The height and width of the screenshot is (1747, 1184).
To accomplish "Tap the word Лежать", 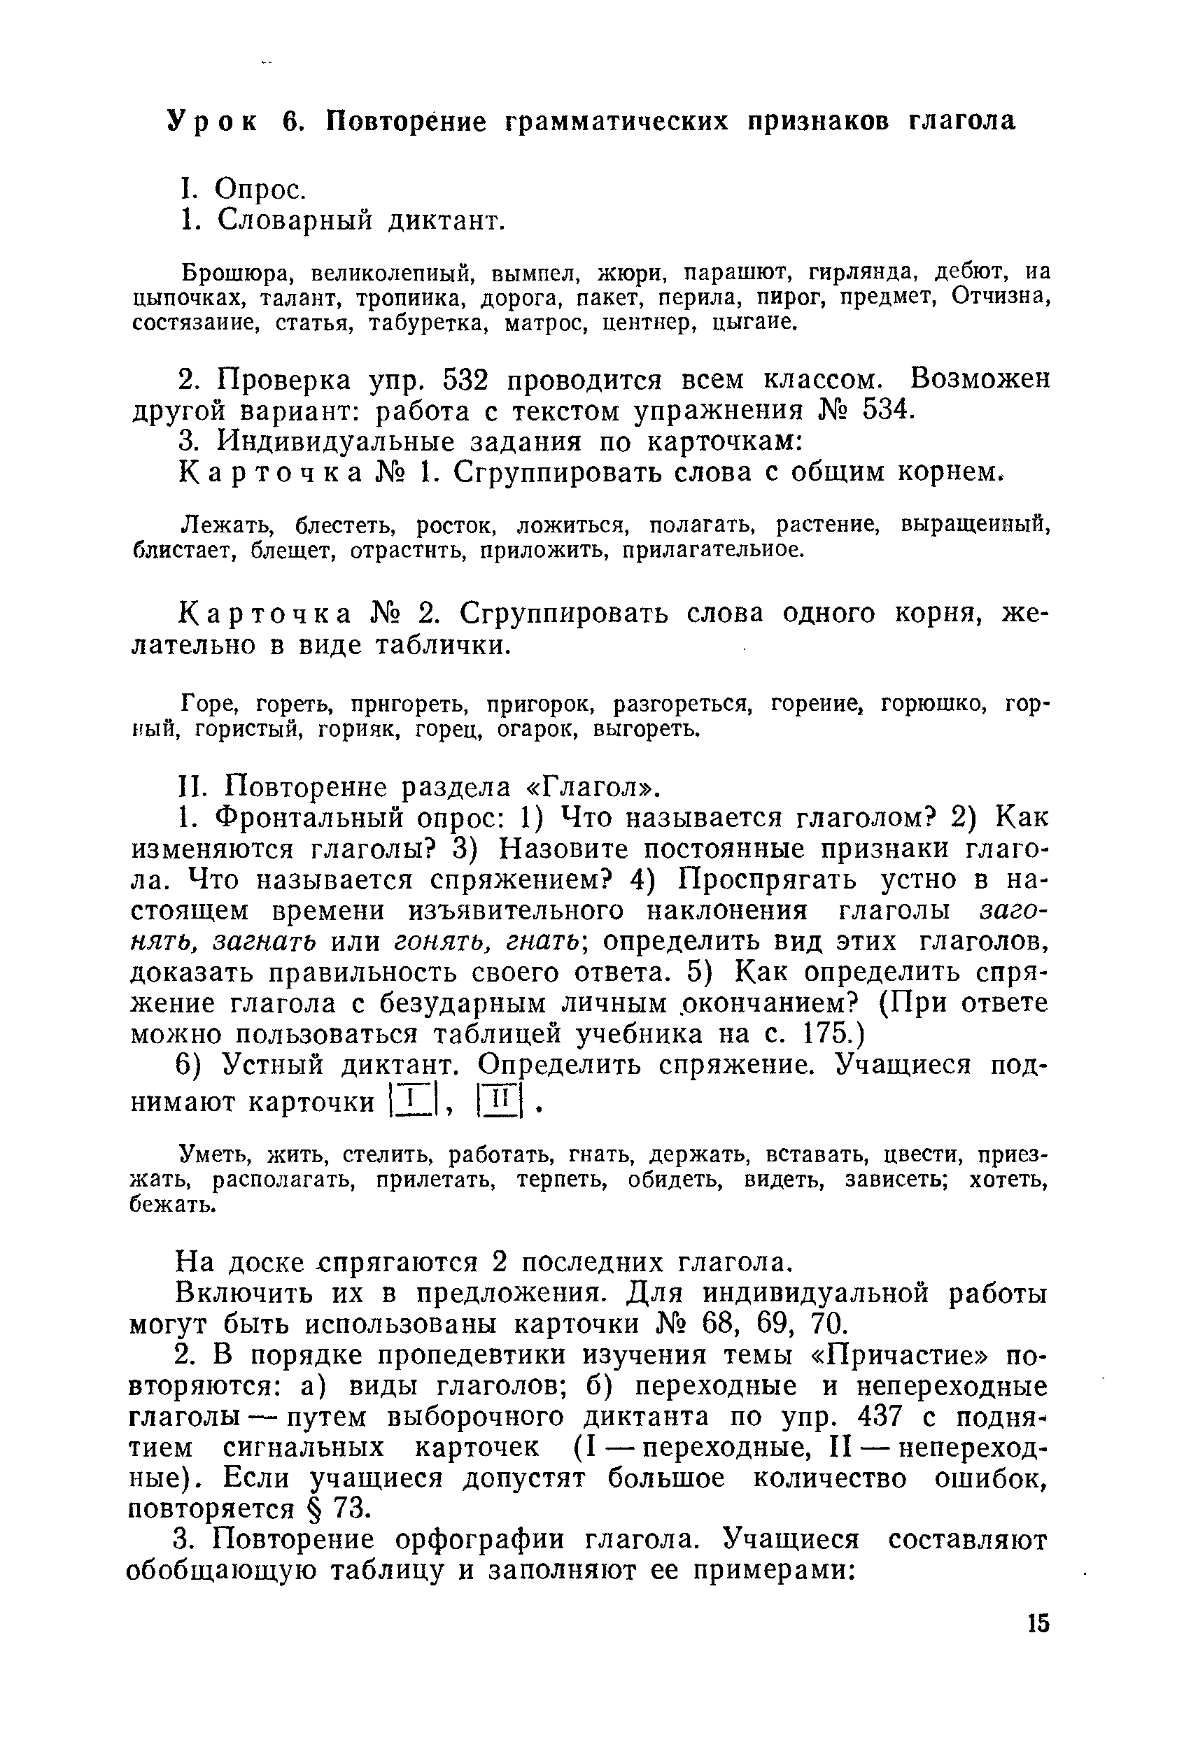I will pyautogui.click(x=220, y=524).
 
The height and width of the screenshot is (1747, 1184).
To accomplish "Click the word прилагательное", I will pyautogui.click(x=709, y=551).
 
